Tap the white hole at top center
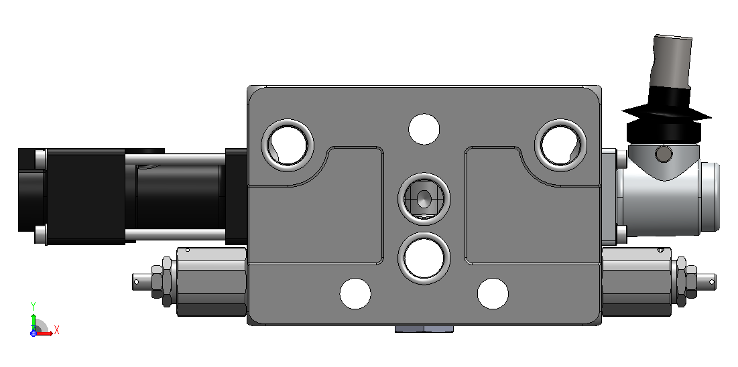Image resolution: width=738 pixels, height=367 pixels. coord(424,129)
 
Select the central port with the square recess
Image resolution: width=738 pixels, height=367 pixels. coord(424,198)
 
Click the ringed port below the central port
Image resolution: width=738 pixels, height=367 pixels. coord(424,258)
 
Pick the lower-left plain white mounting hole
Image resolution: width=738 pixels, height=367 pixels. coord(355,293)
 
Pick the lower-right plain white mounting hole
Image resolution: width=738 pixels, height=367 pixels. coord(493,293)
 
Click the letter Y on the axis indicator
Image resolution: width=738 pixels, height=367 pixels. coord(34,305)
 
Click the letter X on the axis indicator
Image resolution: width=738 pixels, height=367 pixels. coord(56,329)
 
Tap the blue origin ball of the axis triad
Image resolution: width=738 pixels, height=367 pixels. coord(34,333)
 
